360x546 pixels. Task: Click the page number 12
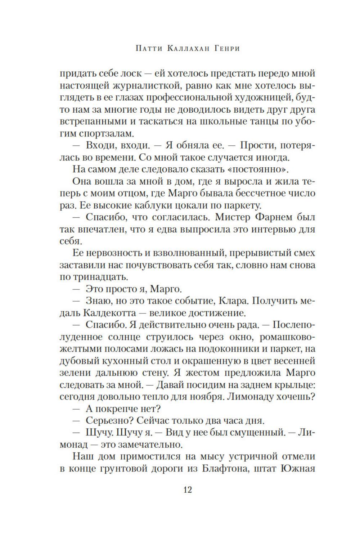(188, 489)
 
